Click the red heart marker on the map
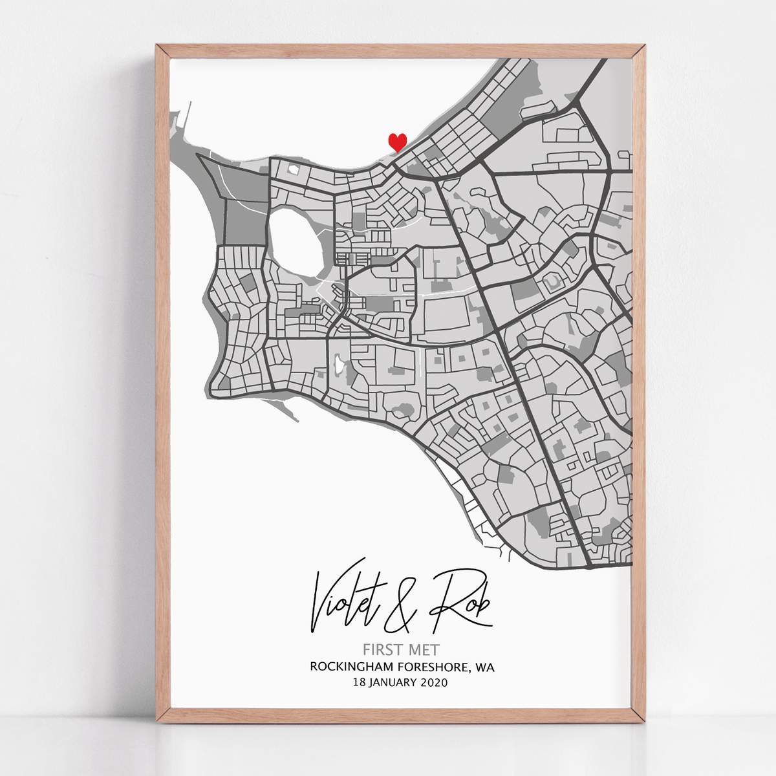(x=397, y=142)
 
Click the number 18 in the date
(x=359, y=682)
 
